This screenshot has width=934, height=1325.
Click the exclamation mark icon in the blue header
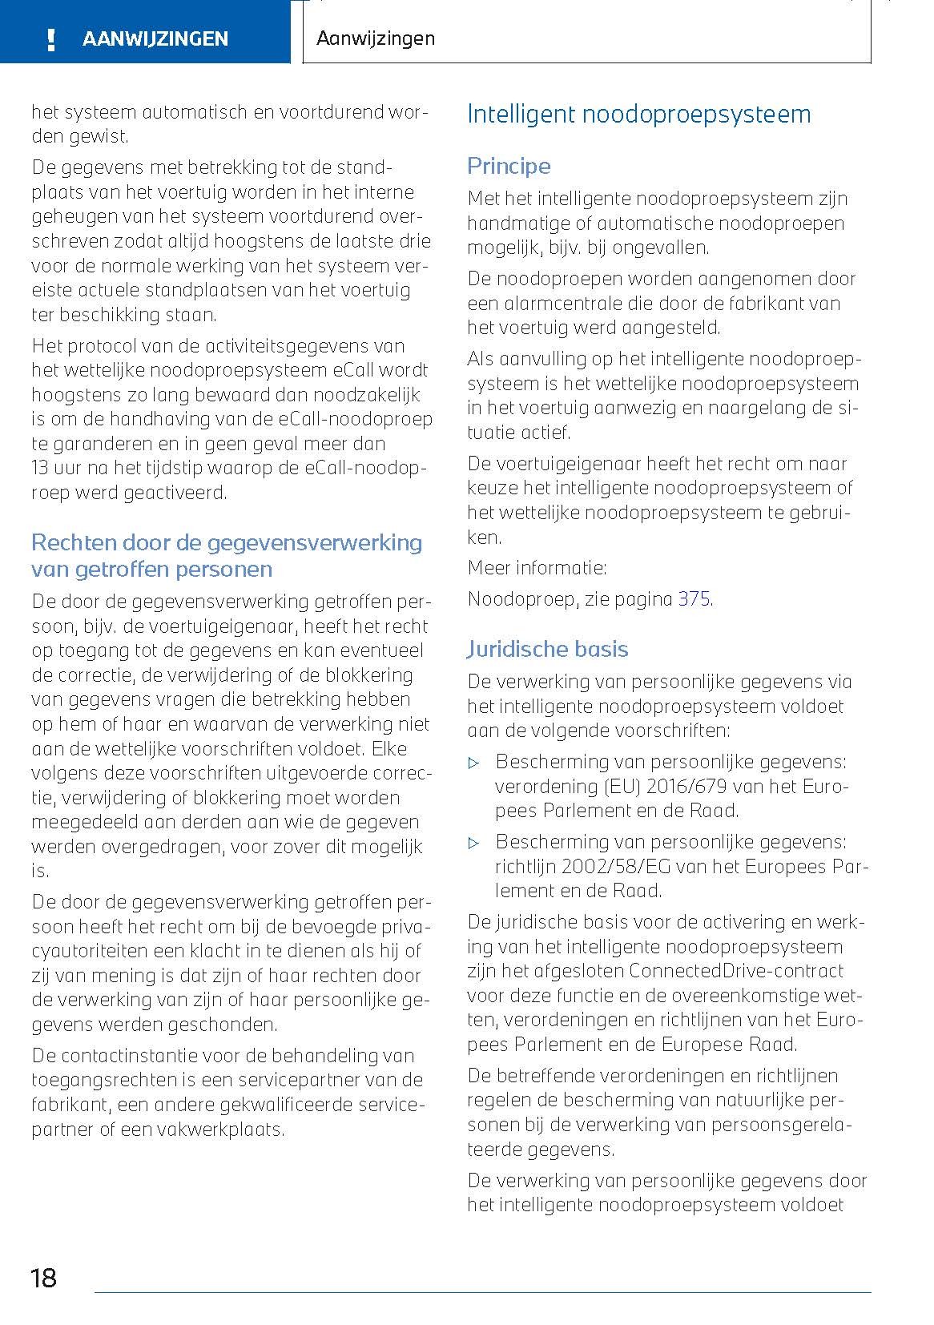50,39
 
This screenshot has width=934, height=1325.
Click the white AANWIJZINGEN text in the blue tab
155,39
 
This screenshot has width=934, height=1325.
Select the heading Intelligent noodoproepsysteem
638,114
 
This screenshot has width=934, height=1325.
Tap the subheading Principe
509,166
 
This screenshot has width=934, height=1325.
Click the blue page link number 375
694,598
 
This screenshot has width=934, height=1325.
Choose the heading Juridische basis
547,649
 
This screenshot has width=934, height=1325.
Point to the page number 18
43,1277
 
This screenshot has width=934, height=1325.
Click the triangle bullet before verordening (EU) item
473,762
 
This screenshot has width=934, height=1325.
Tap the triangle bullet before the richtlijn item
473,842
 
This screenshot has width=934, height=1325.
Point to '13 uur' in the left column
56,468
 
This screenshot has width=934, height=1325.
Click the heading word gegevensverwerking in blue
313,542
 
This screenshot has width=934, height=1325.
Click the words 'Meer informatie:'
537,568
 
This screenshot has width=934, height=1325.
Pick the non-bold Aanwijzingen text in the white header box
375,38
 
